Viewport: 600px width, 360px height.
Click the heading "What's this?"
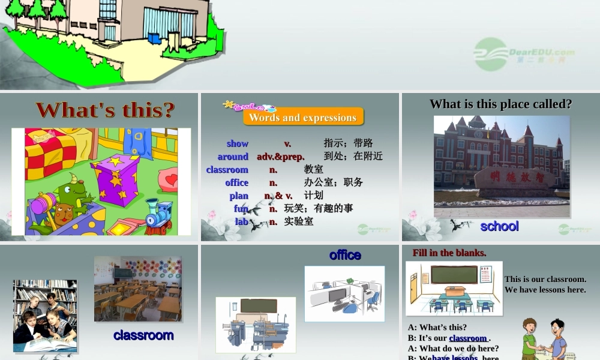(105, 110)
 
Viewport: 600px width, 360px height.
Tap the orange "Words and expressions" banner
(303, 117)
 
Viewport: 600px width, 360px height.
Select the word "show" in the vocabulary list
(238, 143)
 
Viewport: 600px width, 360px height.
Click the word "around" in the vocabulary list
(233, 157)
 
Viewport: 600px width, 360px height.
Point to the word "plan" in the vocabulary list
(239, 196)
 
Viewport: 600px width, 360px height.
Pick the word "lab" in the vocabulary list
(241, 221)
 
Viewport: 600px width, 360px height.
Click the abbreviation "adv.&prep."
(281, 157)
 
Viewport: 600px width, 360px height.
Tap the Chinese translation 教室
(314, 170)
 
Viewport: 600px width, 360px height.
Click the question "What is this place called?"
(500, 104)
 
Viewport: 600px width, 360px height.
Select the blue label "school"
(499, 226)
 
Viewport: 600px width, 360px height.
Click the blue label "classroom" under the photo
(143, 335)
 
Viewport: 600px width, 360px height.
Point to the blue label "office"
(345, 255)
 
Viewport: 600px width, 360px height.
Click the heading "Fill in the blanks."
(449, 253)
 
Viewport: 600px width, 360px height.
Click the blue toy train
(158, 215)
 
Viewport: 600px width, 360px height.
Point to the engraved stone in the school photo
(514, 179)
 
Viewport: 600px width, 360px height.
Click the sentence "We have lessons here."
(545, 290)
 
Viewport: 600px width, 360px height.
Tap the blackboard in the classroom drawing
(454, 275)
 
